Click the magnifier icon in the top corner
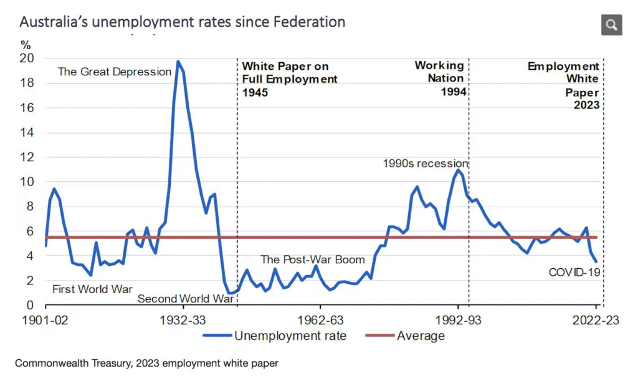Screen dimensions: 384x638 click(611, 25)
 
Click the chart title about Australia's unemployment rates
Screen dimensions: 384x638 click(182, 22)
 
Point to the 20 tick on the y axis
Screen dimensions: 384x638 click(27, 59)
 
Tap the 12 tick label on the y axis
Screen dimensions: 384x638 click(27, 157)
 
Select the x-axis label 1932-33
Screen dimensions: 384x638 click(183, 321)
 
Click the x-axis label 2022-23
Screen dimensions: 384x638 click(594, 321)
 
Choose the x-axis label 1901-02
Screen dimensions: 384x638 click(45, 321)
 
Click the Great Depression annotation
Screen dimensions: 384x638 click(114, 72)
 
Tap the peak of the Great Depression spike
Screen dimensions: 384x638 click(178, 61)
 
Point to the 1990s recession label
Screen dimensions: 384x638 click(426, 164)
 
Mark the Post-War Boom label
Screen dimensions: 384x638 click(312, 260)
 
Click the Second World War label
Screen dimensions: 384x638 click(185, 299)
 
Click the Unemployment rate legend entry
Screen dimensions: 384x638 click(274, 336)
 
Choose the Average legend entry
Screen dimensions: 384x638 click(409, 336)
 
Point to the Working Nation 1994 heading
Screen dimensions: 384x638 click(439, 78)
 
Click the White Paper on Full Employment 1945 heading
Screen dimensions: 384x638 click(290, 78)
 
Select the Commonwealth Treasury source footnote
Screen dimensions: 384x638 click(146, 362)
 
